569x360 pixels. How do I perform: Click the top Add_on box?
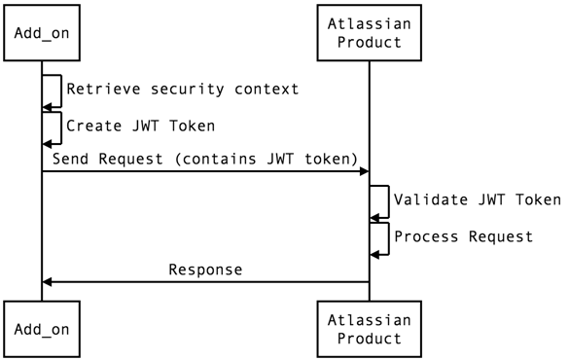[42, 34]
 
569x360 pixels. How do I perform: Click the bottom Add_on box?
[42, 329]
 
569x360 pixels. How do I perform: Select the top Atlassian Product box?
[369, 34]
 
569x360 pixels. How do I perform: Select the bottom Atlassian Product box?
[369, 329]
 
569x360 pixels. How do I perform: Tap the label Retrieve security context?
[182, 90]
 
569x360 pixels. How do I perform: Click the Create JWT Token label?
[140, 126]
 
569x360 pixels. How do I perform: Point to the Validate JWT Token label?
[477, 200]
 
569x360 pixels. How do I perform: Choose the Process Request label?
[463, 236]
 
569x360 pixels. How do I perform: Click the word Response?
[205, 270]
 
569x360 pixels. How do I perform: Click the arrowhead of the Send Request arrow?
[364, 171]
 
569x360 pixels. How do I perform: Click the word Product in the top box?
[369, 44]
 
